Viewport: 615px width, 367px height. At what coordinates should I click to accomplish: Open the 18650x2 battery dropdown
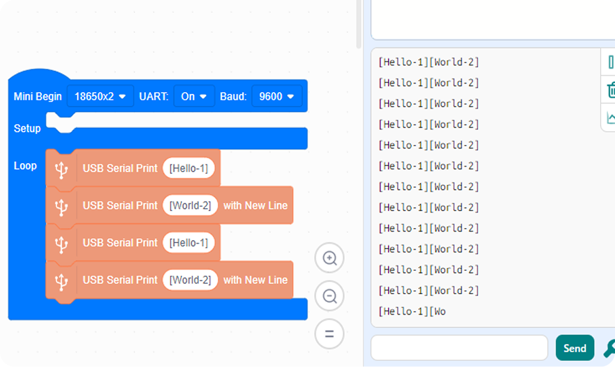[x=100, y=96]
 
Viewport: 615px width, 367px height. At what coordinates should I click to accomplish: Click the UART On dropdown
[x=194, y=96]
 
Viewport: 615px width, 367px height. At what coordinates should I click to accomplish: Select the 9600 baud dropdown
[x=276, y=96]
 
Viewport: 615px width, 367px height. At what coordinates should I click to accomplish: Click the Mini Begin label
[x=38, y=97]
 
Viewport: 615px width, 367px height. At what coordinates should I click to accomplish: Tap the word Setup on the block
[x=27, y=129]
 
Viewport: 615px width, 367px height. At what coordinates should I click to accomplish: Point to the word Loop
[x=25, y=166]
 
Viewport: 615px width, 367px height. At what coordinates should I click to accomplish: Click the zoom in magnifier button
[x=330, y=258]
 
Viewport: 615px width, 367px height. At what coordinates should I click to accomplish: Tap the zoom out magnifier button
[x=330, y=296]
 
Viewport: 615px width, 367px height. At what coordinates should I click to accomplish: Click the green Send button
[x=575, y=348]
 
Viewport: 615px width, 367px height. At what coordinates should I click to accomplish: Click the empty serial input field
[x=459, y=348]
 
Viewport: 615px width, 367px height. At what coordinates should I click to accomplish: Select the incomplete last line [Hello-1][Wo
[x=412, y=312]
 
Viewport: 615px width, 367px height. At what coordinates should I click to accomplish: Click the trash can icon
[x=610, y=90]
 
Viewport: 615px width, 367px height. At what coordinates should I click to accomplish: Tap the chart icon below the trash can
[x=611, y=117]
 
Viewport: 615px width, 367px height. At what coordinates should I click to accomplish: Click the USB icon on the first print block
[x=61, y=170]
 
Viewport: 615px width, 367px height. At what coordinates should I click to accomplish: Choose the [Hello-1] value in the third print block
[x=189, y=243]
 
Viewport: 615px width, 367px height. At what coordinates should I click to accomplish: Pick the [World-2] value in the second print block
[x=190, y=206]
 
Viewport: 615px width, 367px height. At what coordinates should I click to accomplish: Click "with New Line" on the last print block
[x=255, y=280]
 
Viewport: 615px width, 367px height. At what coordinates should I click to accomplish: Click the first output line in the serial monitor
[x=428, y=62]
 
